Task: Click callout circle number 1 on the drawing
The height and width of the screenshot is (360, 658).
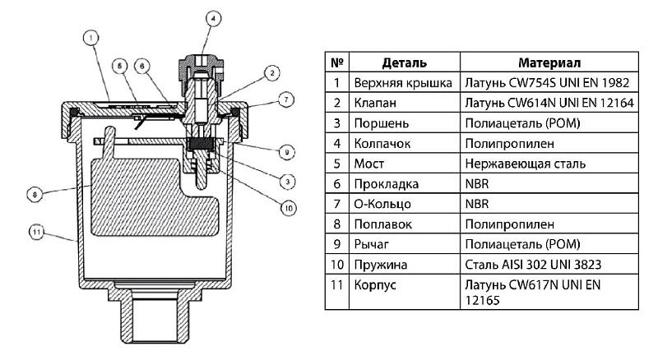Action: [x=90, y=37]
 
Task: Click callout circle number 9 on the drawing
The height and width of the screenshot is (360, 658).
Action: [x=285, y=151]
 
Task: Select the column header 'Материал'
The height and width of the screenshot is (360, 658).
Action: [x=550, y=62]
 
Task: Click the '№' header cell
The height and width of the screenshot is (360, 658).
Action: [x=336, y=62]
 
